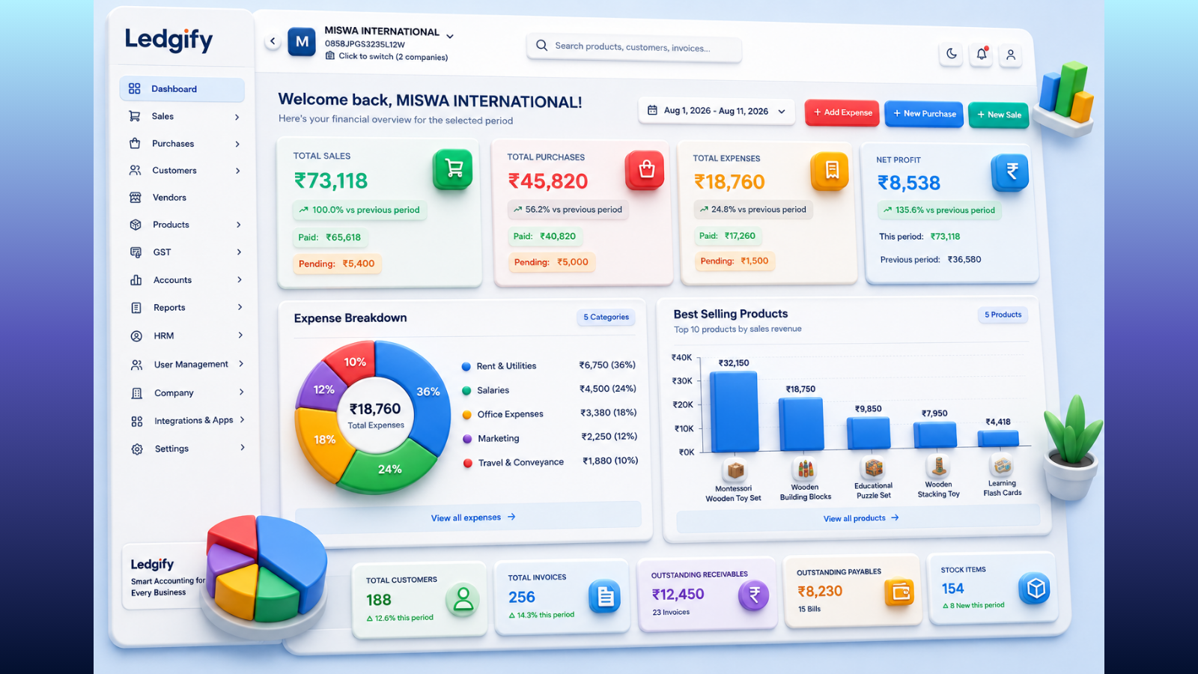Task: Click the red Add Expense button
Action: tap(842, 112)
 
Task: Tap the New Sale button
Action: tap(999, 115)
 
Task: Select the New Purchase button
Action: tap(924, 113)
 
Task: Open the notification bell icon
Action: tap(982, 54)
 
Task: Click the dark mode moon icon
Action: tap(951, 53)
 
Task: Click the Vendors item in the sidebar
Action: tap(169, 198)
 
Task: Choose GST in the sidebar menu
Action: tap(162, 252)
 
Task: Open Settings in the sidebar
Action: tap(171, 449)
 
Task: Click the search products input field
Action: tap(633, 47)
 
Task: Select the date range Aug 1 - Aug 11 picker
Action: tap(716, 111)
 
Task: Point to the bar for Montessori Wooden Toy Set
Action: tap(734, 411)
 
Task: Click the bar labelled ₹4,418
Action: tap(998, 438)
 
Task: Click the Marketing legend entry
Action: tap(499, 438)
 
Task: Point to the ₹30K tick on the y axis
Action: tap(682, 381)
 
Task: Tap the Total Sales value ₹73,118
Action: tap(330, 180)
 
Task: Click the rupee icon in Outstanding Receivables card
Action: tap(753, 595)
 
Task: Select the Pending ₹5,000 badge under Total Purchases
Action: tap(551, 262)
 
